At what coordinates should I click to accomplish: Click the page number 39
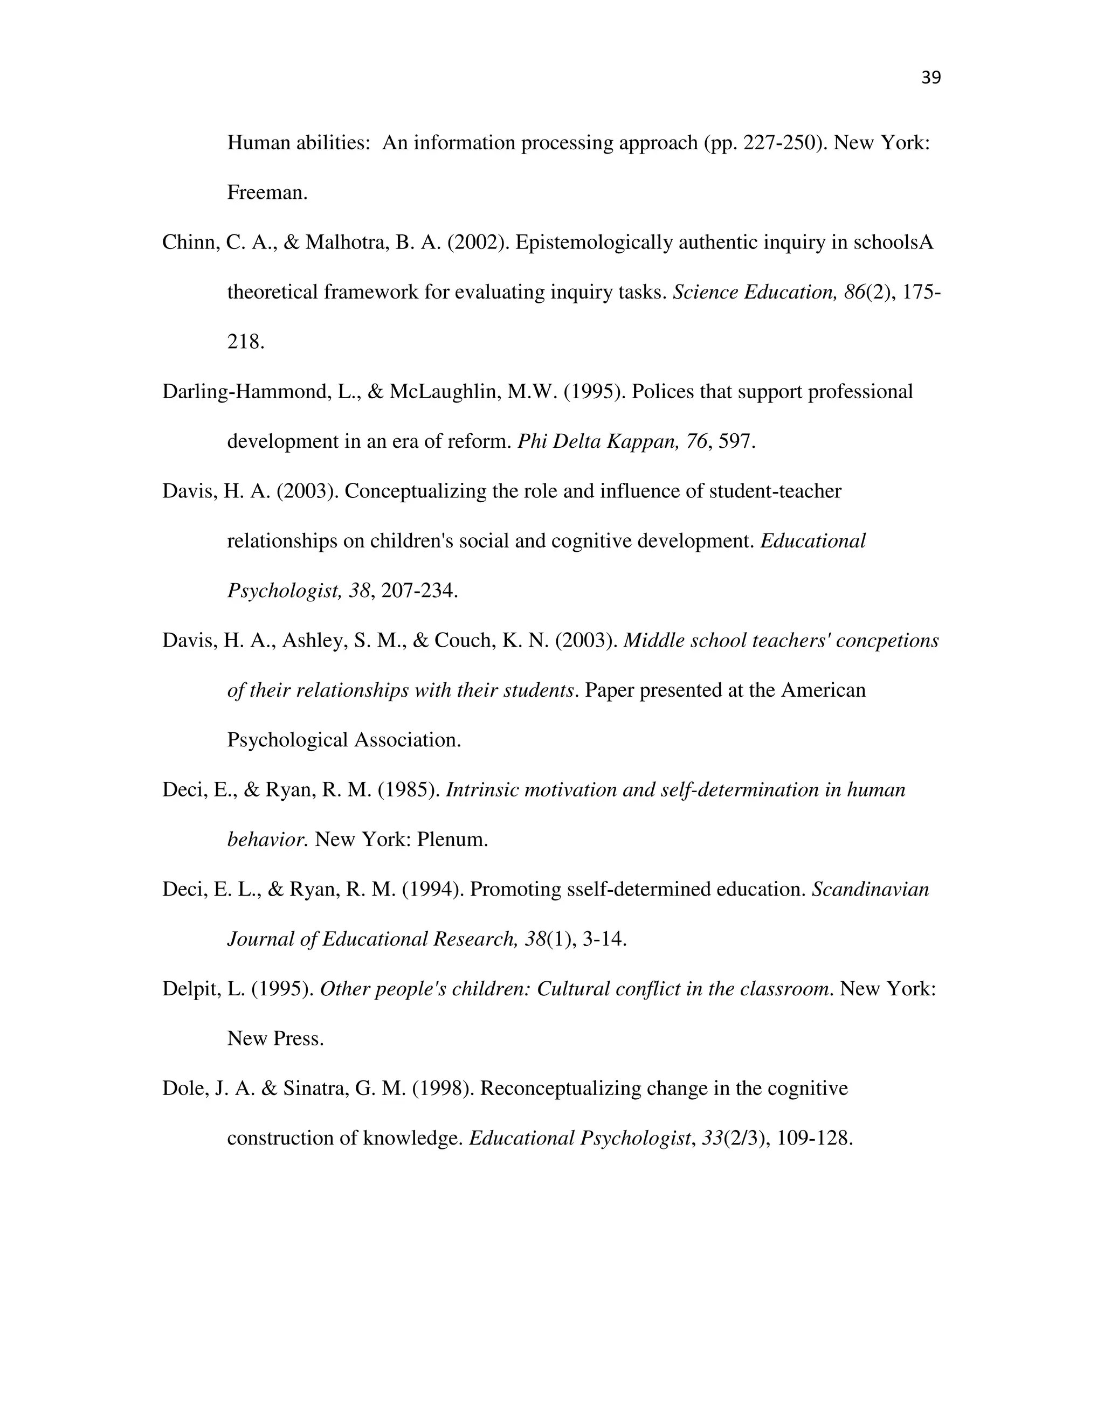pyautogui.click(x=930, y=78)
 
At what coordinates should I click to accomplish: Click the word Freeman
pyautogui.click(x=266, y=193)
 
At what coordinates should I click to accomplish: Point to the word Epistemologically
pyautogui.click(x=594, y=242)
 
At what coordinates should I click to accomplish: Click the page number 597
pyautogui.click(x=736, y=441)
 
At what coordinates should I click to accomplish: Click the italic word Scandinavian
pyautogui.click(x=870, y=889)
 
